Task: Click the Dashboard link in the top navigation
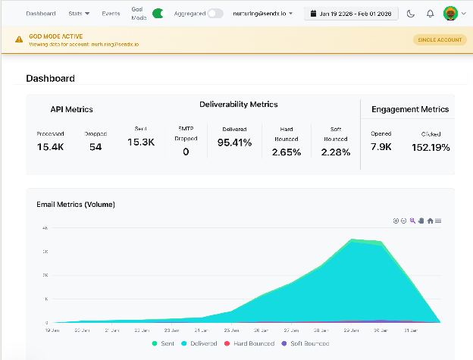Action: [x=41, y=14]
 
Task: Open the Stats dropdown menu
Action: [x=79, y=14]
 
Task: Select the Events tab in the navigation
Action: [x=111, y=14]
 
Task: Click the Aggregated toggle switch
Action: [x=215, y=14]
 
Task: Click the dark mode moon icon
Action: [x=411, y=14]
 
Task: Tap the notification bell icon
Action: [x=431, y=14]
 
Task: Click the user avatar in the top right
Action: [x=450, y=14]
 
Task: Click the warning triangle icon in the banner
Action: [x=19, y=39]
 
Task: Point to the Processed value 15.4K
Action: [x=51, y=146]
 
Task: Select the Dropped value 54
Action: [x=96, y=146]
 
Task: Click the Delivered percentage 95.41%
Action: [x=234, y=142]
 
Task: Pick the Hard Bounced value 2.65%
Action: [x=286, y=152]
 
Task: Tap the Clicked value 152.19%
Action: [x=431, y=146]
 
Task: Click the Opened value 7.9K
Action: [x=381, y=146]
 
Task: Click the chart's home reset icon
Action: [x=430, y=221]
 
